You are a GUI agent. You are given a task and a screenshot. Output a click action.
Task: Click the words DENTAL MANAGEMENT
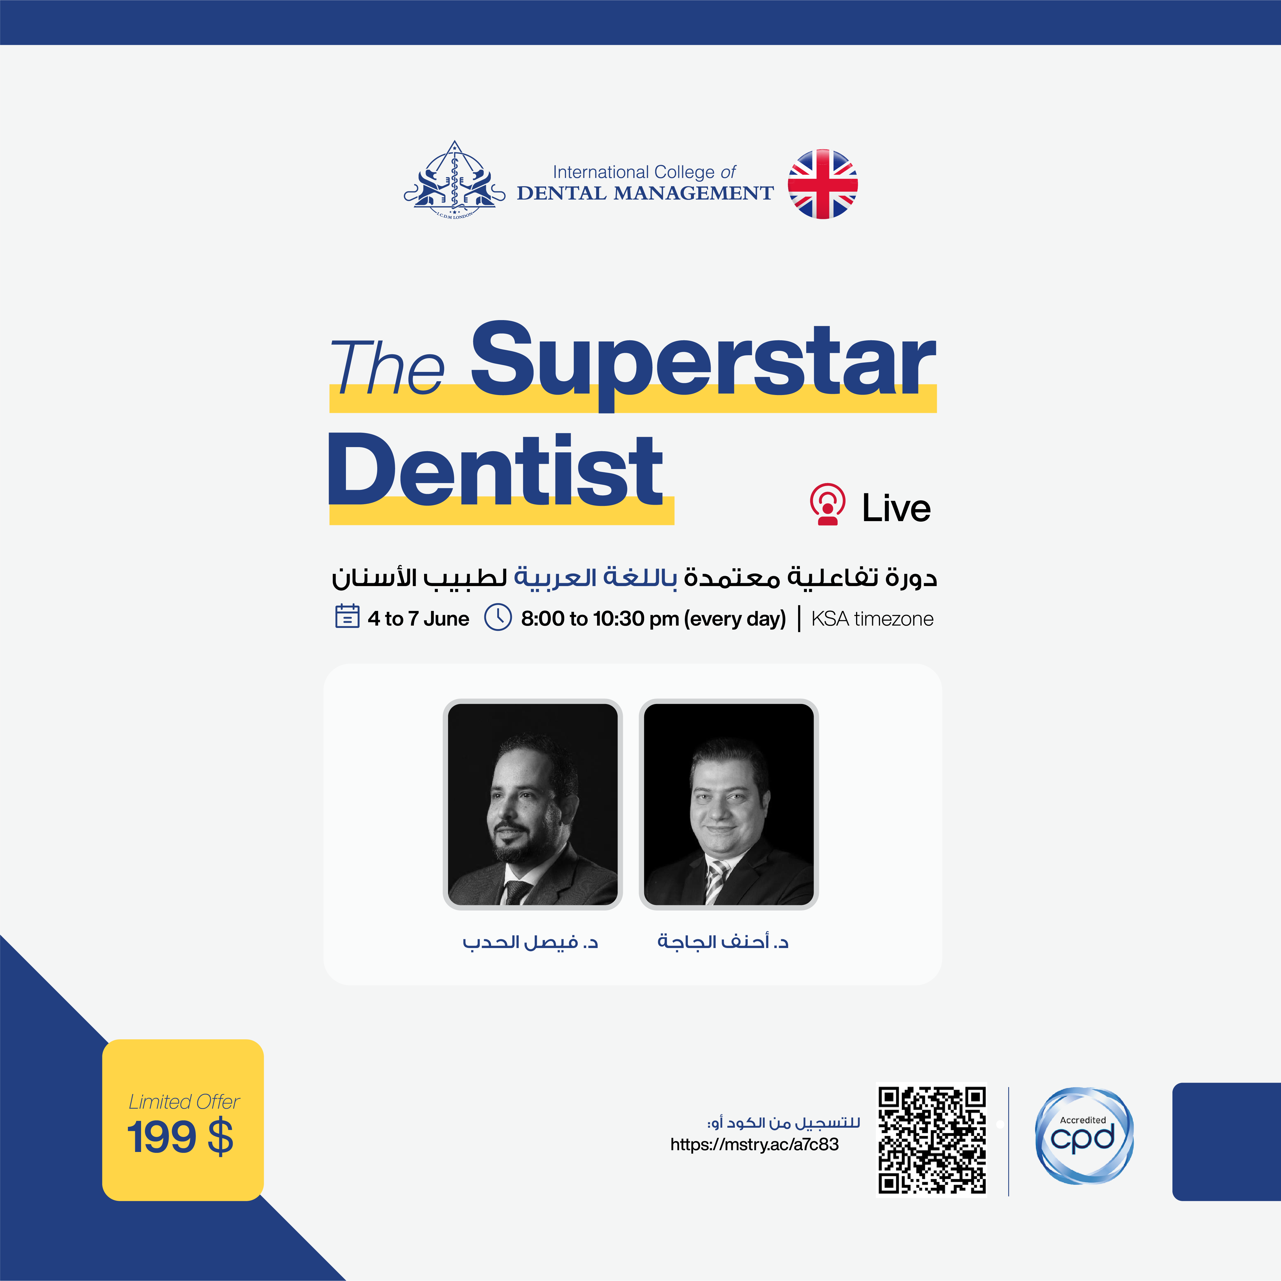click(x=645, y=193)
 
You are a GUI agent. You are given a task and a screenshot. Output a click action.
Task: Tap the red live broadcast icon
click(x=827, y=504)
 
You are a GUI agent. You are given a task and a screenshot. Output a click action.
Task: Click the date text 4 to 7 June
click(x=419, y=619)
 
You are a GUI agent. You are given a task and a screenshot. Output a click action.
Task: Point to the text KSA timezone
click(x=872, y=619)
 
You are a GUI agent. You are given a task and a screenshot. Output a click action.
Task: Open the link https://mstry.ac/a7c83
click(x=754, y=1145)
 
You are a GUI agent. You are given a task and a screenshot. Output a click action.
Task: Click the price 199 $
click(x=180, y=1138)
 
